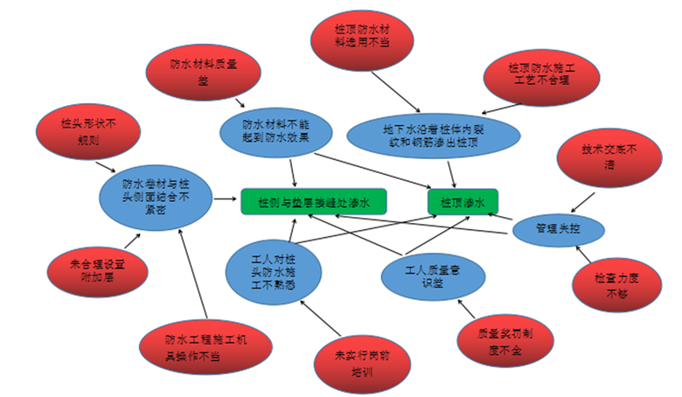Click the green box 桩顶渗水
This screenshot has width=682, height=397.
463,201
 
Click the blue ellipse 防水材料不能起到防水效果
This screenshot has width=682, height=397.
275,130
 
